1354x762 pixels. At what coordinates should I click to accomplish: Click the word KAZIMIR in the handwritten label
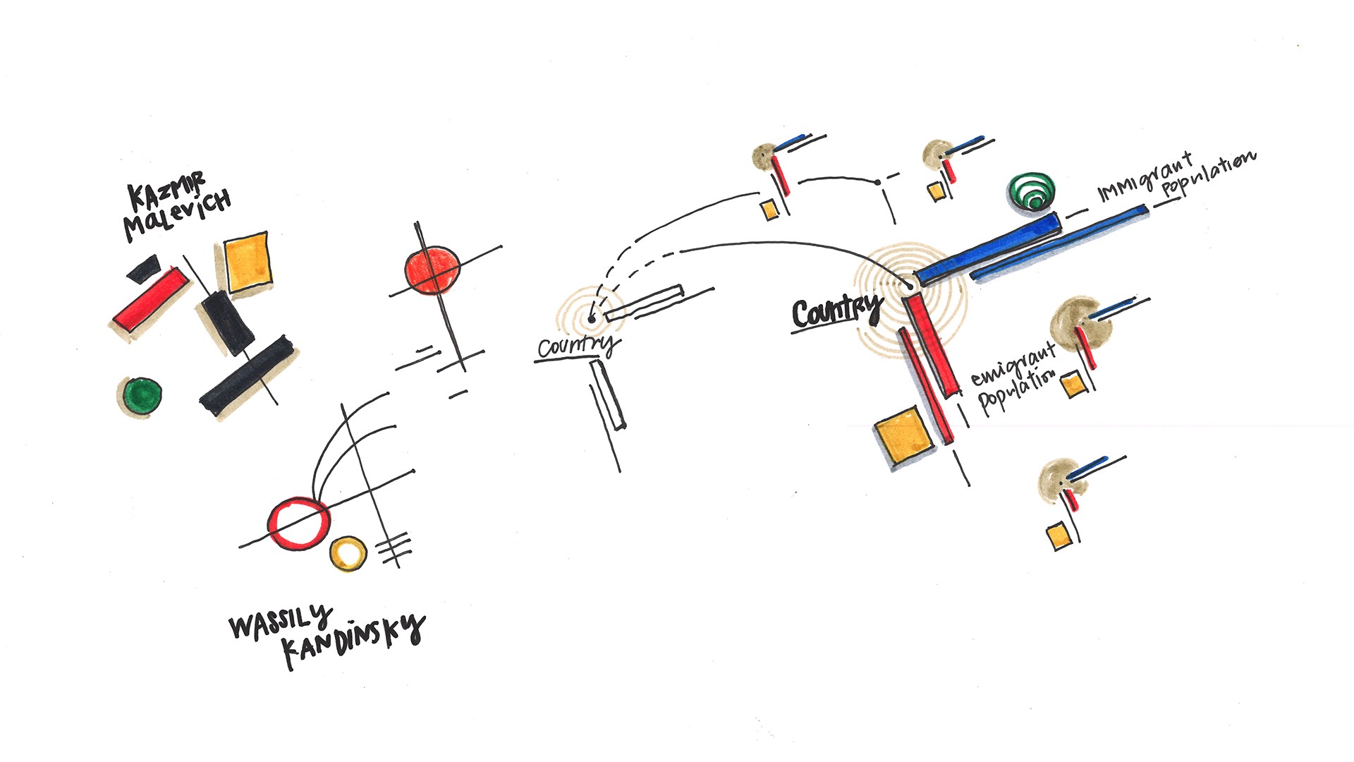tap(166, 188)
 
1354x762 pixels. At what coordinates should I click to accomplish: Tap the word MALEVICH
tap(177, 214)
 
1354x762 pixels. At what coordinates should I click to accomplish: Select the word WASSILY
tap(280, 621)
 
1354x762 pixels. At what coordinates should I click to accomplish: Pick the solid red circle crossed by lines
tap(432, 270)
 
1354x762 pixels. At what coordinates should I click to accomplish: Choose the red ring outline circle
tap(298, 523)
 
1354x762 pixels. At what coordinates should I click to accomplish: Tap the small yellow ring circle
tap(348, 553)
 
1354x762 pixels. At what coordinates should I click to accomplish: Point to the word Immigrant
tap(1145, 177)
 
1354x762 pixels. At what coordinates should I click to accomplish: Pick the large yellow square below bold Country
tap(904, 435)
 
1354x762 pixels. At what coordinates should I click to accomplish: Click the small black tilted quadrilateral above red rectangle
tap(144, 268)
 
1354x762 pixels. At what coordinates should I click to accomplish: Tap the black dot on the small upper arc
tap(877, 183)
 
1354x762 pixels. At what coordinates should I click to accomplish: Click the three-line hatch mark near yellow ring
tap(394, 547)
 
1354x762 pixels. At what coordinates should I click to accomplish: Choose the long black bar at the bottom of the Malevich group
tap(246, 376)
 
